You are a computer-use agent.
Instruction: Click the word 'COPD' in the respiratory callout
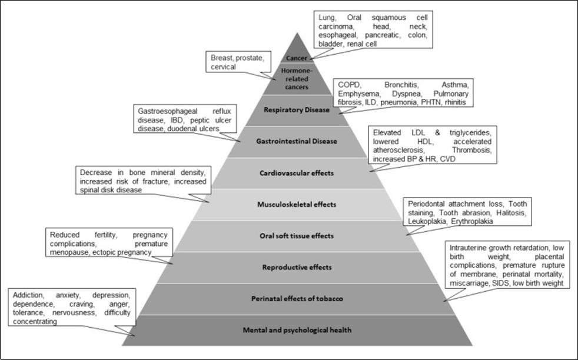347,85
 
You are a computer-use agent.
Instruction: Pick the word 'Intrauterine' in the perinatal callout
469,248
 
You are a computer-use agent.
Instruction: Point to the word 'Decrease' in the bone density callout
96,173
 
